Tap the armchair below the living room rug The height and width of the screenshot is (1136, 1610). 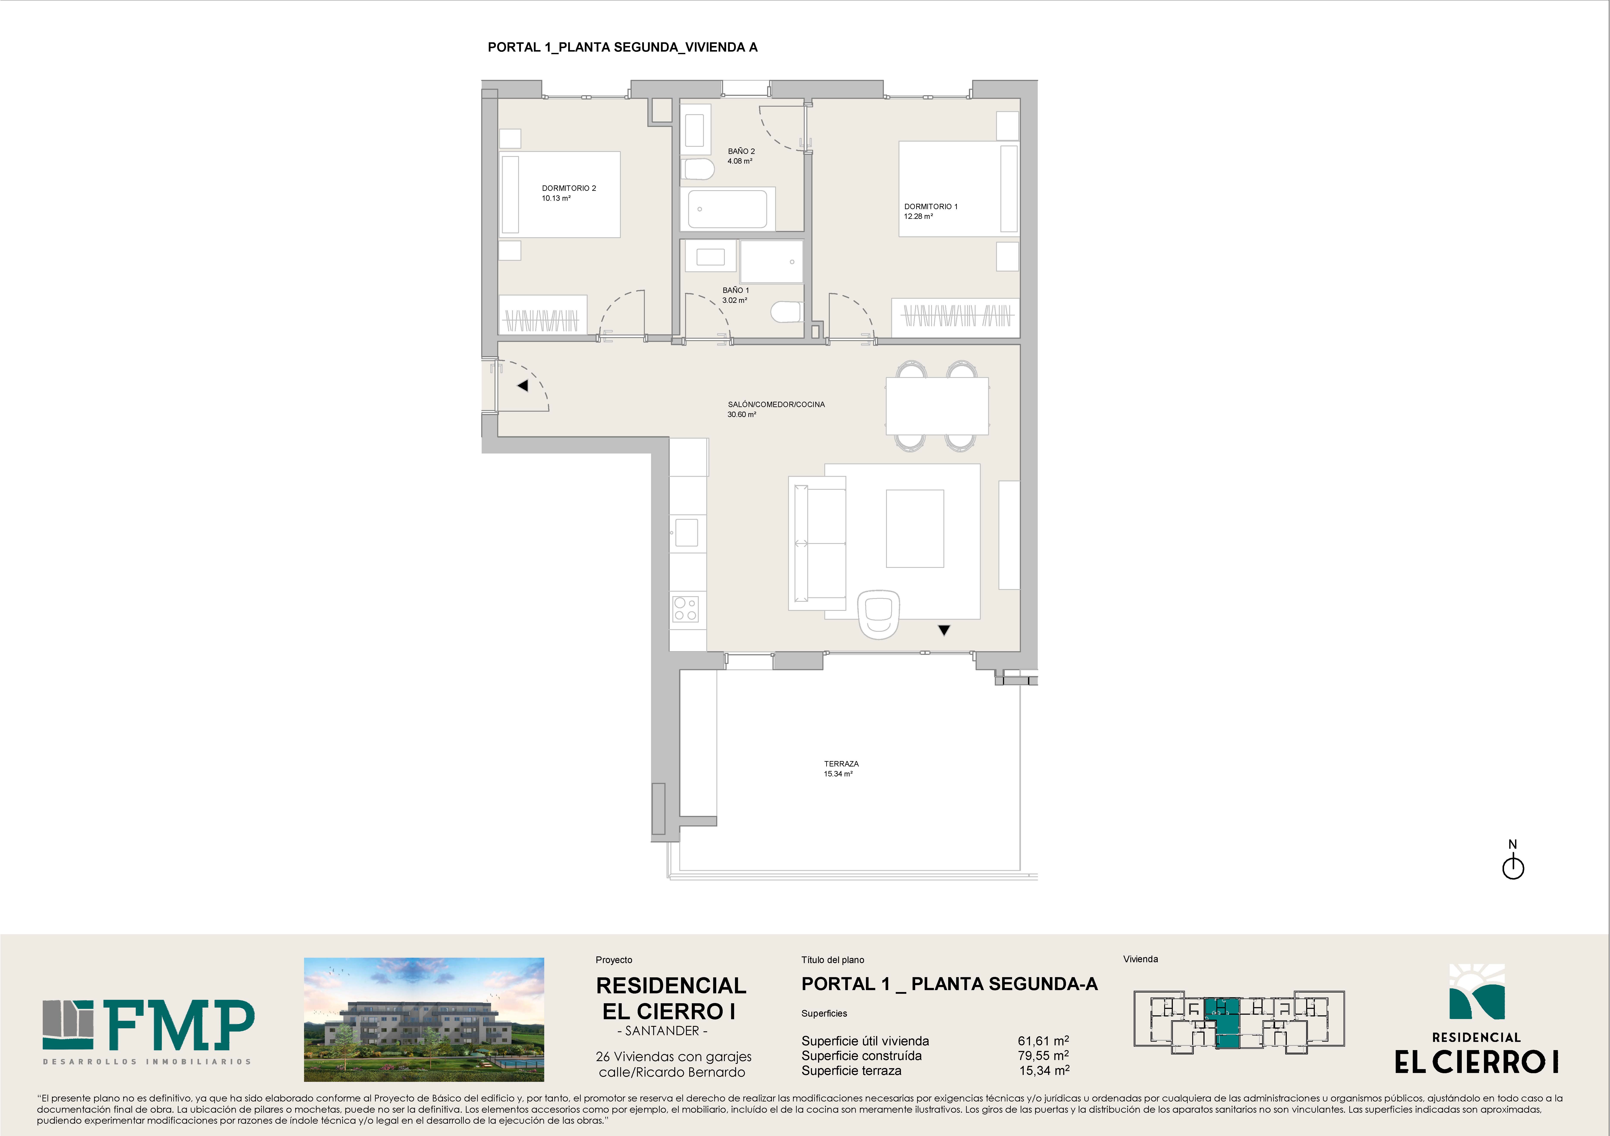click(x=879, y=614)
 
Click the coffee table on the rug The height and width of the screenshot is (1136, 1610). click(x=915, y=528)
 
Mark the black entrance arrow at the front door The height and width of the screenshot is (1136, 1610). click(x=522, y=385)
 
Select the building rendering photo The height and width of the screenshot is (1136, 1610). click(x=424, y=1020)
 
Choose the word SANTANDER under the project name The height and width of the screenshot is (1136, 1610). click(x=662, y=1031)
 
